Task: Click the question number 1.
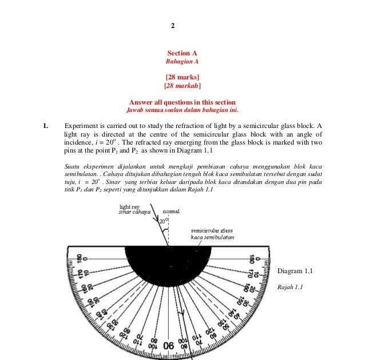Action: (x=47, y=125)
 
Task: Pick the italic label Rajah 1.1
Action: (x=290, y=287)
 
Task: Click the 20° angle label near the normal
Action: (x=164, y=220)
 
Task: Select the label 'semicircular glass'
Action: (x=212, y=230)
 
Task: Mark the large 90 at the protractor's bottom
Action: (x=169, y=346)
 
